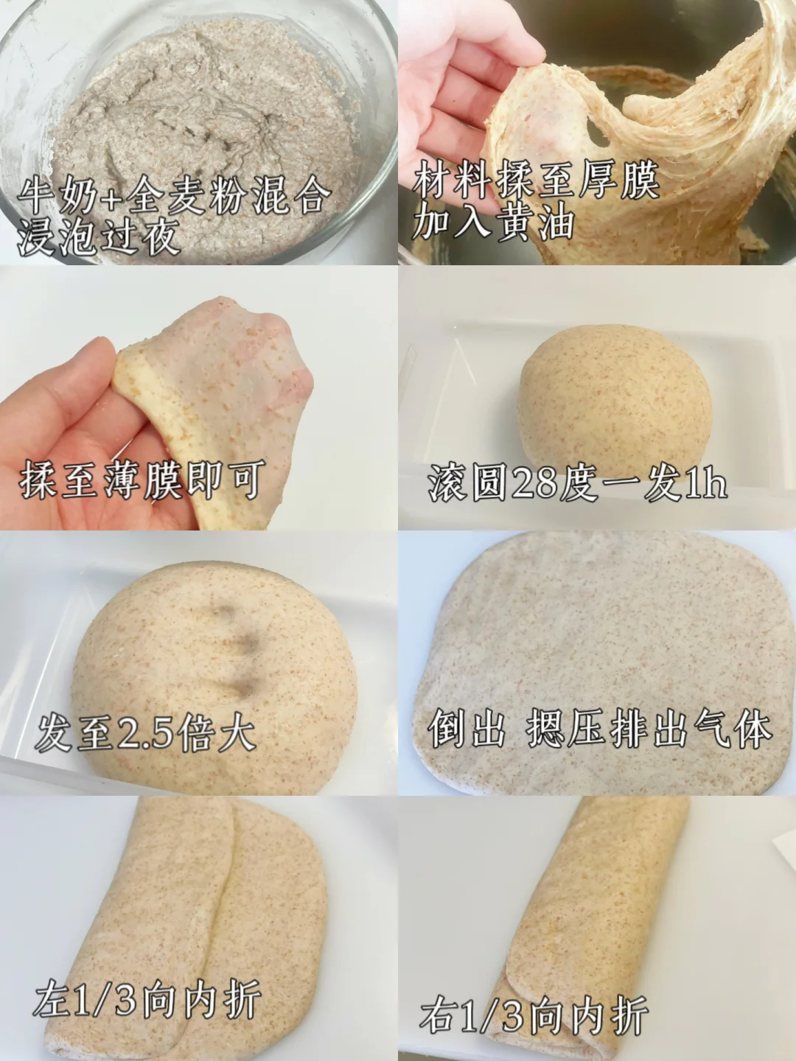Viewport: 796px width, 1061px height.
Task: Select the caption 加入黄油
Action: (492, 223)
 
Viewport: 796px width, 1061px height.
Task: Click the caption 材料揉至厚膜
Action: (536, 179)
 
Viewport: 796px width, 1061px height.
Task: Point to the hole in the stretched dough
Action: (596, 131)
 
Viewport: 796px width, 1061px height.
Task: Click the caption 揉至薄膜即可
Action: (142, 480)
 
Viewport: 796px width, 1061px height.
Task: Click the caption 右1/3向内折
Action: (534, 1004)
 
